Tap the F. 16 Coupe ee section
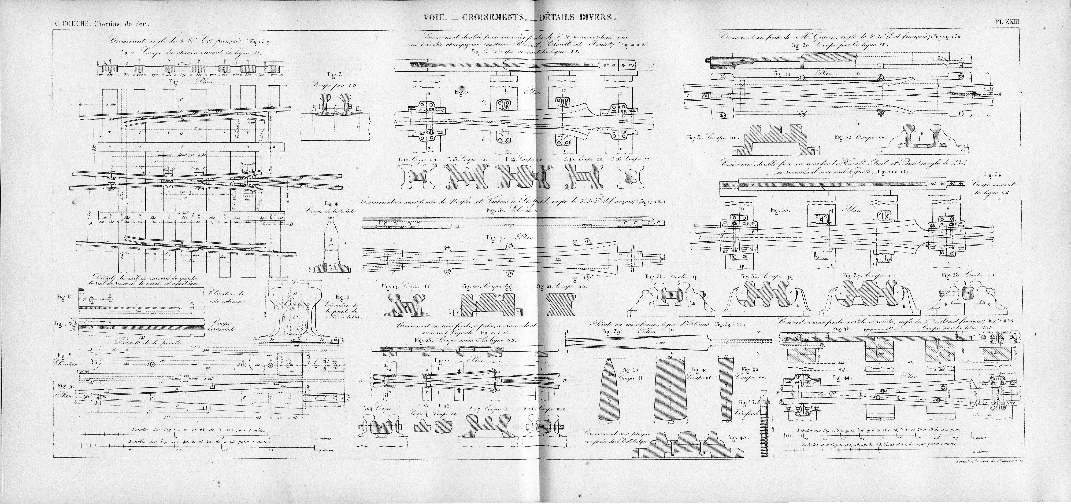(628, 177)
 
